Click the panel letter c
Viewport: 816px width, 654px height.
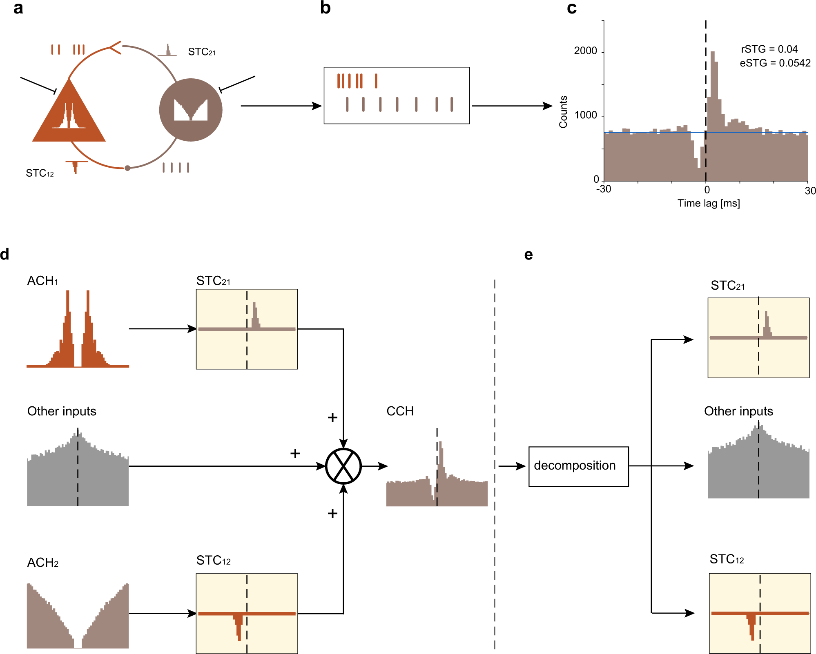(571, 9)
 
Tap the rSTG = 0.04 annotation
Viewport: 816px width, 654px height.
(769, 49)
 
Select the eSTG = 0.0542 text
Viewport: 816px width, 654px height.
(775, 63)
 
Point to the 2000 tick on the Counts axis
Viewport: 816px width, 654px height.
(585, 51)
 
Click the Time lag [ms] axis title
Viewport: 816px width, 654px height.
(709, 203)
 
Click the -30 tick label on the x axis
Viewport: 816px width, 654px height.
(604, 189)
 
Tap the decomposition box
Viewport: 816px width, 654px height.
(578, 466)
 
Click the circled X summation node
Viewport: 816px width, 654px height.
(343, 466)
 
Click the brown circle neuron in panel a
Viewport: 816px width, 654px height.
(191, 110)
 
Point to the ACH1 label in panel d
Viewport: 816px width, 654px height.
(42, 281)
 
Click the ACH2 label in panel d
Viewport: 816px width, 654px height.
(42, 563)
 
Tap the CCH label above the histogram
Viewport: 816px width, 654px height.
(400, 411)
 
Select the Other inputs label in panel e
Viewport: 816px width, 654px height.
(738, 411)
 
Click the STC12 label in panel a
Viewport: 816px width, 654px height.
(40, 173)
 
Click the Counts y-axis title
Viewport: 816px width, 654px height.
(563, 112)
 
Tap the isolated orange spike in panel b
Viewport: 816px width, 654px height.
(376, 81)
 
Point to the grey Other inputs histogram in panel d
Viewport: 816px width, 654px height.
(78, 473)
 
